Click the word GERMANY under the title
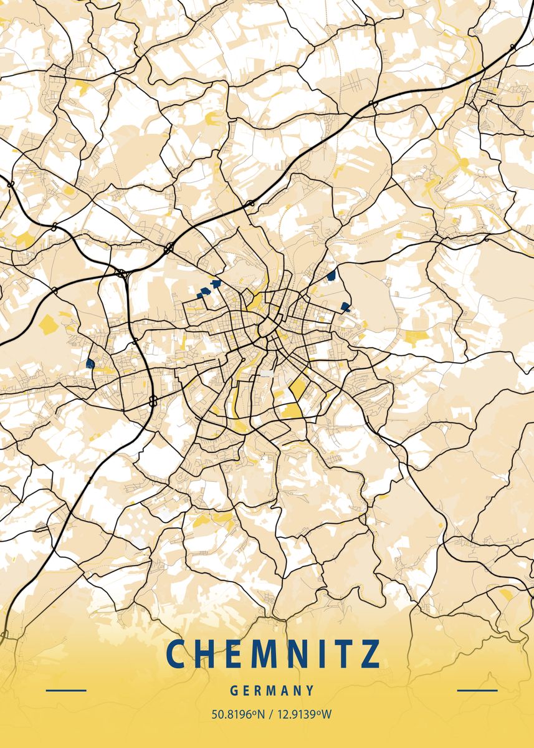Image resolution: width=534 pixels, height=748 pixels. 272,691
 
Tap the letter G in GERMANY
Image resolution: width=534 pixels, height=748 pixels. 233,691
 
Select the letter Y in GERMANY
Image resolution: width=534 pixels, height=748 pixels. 310,691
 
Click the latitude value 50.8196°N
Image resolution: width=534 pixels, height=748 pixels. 238,714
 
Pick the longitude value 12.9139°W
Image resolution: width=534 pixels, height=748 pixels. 302,714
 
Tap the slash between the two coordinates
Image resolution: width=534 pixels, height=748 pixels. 270,714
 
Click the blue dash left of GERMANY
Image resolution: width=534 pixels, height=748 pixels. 66,690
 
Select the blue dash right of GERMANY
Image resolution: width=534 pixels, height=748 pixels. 477,690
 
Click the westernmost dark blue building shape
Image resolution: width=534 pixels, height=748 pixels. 90,363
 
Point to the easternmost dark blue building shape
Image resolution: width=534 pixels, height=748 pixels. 345,306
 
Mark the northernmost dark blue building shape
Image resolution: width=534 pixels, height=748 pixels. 331,275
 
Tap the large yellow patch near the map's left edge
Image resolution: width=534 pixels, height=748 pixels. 48,324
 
